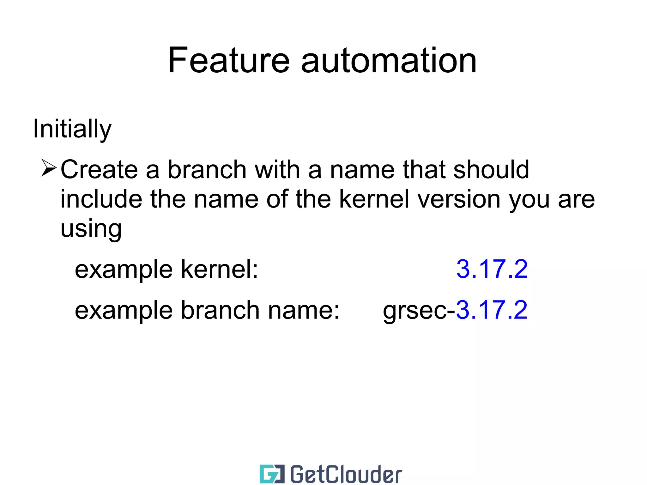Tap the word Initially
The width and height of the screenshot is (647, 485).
click(x=72, y=129)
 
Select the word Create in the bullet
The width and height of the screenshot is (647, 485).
click(x=99, y=170)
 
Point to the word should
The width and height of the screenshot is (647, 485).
click(x=491, y=170)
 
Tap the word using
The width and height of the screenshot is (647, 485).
click(x=91, y=229)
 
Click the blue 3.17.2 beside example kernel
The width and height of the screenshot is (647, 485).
click(x=492, y=269)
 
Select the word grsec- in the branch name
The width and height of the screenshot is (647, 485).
click(x=419, y=311)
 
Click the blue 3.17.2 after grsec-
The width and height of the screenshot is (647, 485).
click(x=492, y=310)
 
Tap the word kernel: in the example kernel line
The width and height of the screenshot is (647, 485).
click(x=219, y=269)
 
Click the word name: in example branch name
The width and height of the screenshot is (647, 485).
click(x=304, y=310)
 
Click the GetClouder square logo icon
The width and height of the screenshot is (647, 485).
click(x=272, y=474)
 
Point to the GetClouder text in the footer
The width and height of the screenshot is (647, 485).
click(x=346, y=474)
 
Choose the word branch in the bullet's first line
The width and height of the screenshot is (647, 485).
click(x=207, y=170)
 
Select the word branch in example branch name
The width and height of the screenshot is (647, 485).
click(x=220, y=310)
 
